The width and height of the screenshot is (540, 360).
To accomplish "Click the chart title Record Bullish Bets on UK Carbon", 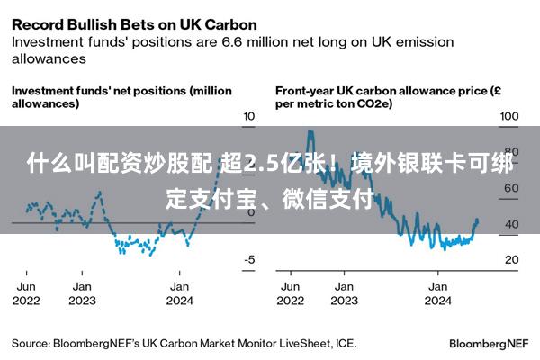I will pyautogui.click(x=134, y=24).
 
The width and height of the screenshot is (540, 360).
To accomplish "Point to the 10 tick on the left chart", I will pyautogui.click(x=249, y=117).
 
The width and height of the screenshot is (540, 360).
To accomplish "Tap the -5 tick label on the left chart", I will pyautogui.click(x=249, y=260).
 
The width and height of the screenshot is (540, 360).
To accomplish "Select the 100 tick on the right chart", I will pyautogui.click(x=509, y=117).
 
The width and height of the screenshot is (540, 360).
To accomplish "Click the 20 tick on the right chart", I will pyautogui.click(x=511, y=260).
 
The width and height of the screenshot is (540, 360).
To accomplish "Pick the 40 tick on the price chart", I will pyautogui.click(x=511, y=224).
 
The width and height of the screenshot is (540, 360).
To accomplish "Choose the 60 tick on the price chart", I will pyautogui.click(x=511, y=189).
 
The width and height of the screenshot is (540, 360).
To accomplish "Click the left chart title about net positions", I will pyautogui.click(x=121, y=97).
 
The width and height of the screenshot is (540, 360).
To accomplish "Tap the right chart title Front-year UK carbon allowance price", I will pyautogui.click(x=387, y=97).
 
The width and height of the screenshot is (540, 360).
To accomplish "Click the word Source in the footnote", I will pyautogui.click(x=30, y=343).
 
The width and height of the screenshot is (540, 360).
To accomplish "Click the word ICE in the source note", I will pyautogui.click(x=345, y=343).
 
